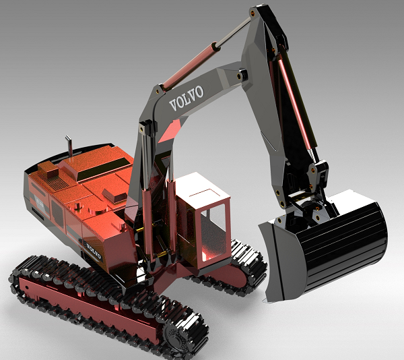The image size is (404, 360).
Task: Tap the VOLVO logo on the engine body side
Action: coord(93,251)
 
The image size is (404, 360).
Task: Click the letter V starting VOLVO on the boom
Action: coord(173,106)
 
